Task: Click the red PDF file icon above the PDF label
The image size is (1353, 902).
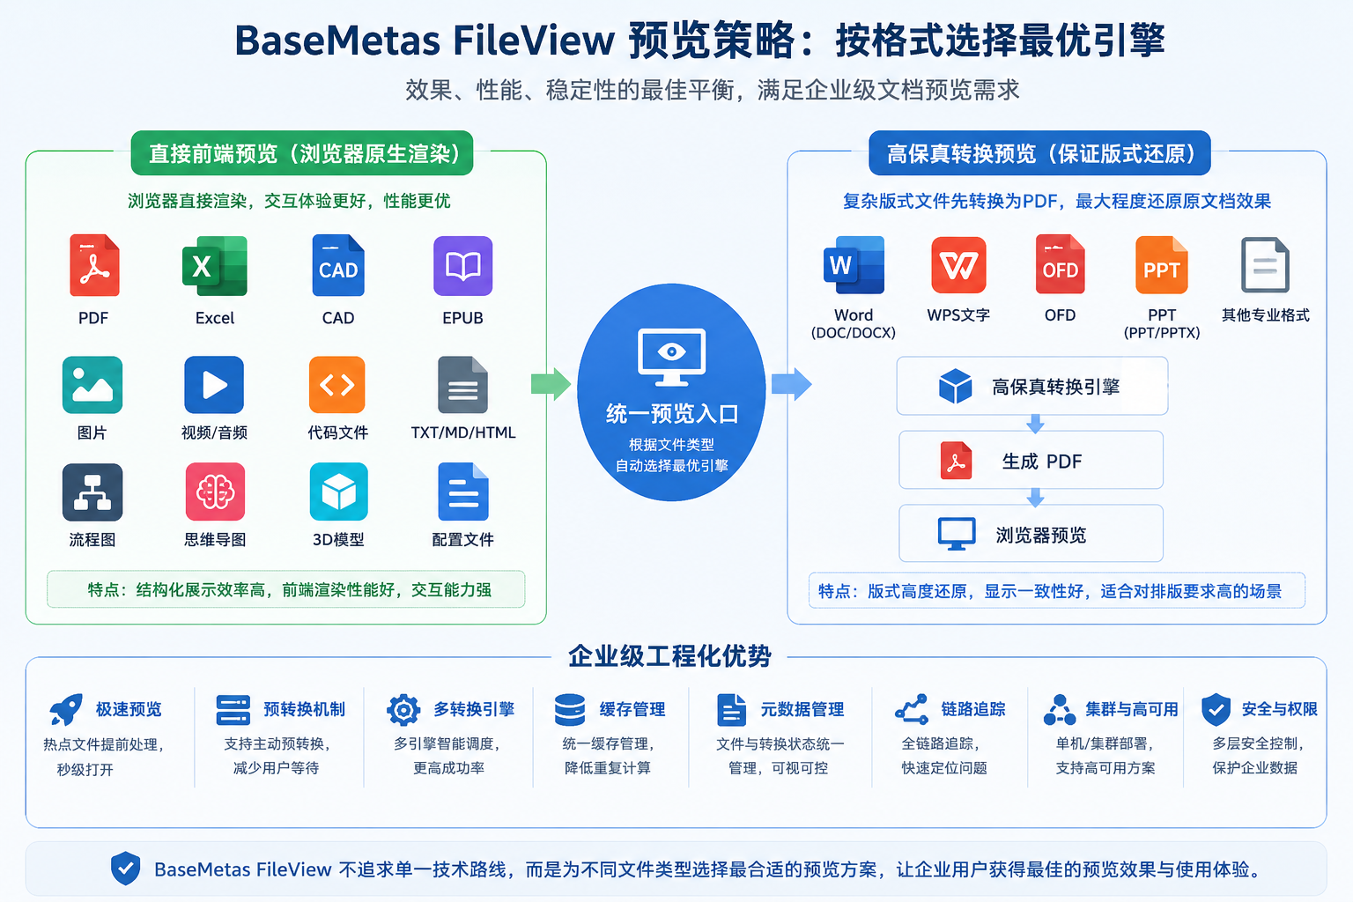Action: click(94, 265)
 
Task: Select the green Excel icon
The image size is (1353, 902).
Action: click(214, 266)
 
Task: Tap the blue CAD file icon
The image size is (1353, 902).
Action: click(338, 265)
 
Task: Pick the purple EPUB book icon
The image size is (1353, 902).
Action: click(462, 266)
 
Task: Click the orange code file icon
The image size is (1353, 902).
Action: click(337, 385)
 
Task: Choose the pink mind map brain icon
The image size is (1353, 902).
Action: click(215, 492)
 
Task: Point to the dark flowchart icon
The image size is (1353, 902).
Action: click(92, 492)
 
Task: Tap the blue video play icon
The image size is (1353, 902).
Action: click(214, 385)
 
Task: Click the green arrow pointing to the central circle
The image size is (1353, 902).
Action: click(551, 384)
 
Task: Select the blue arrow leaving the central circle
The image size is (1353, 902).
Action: click(791, 384)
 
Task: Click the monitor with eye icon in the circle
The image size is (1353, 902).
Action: click(671, 357)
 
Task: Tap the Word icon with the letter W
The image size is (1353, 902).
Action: click(854, 265)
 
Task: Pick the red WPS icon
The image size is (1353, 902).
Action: click(958, 265)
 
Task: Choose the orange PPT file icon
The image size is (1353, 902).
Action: click(1162, 265)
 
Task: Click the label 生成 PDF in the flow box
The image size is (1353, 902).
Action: click(1041, 462)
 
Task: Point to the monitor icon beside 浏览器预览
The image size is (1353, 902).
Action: click(956, 534)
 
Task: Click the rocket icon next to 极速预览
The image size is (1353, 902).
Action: click(66, 709)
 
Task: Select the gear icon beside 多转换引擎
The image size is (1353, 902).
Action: click(403, 710)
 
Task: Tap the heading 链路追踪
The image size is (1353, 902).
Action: click(973, 709)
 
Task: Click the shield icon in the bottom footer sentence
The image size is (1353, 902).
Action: click(126, 869)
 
